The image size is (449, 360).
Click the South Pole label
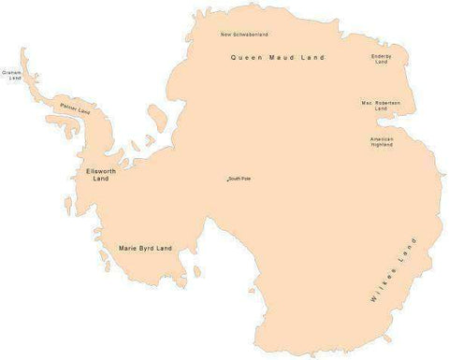point(240,179)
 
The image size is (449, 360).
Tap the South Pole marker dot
point(227,179)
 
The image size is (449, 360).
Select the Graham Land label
point(12,74)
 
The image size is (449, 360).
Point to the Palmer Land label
point(75,111)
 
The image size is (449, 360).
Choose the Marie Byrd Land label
point(146,248)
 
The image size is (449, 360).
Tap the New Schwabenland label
point(244,35)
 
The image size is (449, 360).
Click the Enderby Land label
point(382,59)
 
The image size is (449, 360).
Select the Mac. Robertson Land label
point(381,106)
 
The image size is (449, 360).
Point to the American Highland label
point(382,141)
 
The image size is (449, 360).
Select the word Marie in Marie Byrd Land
point(128,248)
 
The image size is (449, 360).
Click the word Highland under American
point(382,145)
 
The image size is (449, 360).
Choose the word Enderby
point(382,56)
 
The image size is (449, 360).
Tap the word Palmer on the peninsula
point(68,108)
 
